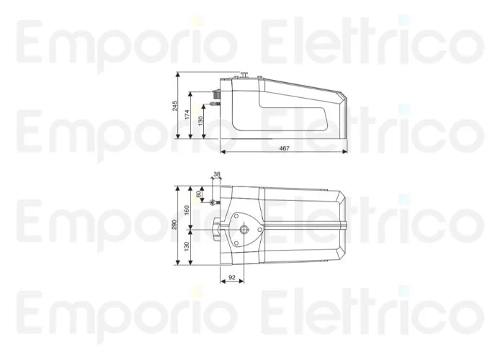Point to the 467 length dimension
[x=284, y=148]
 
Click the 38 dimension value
[x=217, y=174]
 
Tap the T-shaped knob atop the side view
[x=244, y=73]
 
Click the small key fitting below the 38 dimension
[x=213, y=202]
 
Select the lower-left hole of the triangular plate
[x=236, y=243]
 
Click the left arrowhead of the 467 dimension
[x=223, y=152]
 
